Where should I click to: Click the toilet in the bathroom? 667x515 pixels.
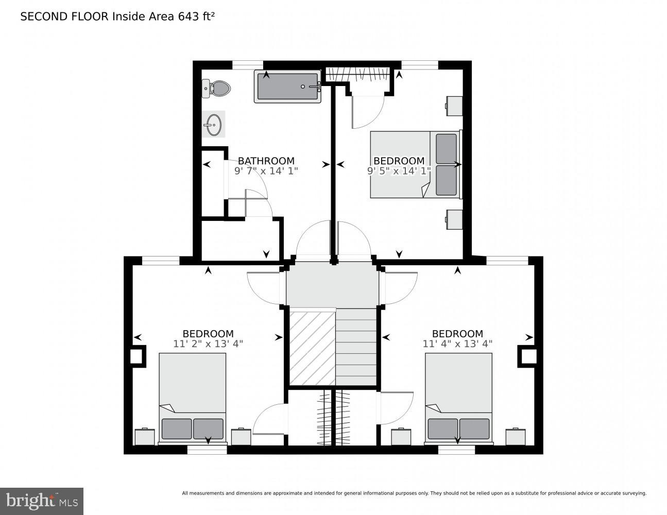tap(216, 89)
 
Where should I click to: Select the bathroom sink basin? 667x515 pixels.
tap(213, 124)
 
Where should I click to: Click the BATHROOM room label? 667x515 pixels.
tap(266, 161)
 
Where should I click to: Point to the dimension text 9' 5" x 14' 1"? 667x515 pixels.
tap(399, 171)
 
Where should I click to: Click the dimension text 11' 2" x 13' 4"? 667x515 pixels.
tap(208, 344)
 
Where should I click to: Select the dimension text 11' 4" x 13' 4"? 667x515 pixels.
tap(457, 344)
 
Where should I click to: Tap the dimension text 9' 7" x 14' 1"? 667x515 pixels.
tap(266, 171)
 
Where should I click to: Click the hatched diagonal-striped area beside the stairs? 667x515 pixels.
tap(312, 347)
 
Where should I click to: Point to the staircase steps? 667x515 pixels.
tap(356, 347)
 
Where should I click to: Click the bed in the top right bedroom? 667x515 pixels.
tap(415, 164)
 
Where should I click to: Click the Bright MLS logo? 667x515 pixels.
tap(42, 501)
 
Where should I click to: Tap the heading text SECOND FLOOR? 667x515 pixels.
tap(64, 16)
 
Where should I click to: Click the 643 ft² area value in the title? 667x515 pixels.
tap(196, 16)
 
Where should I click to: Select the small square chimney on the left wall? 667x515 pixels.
tap(136, 356)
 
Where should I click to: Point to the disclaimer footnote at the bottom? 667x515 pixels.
tap(414, 493)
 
